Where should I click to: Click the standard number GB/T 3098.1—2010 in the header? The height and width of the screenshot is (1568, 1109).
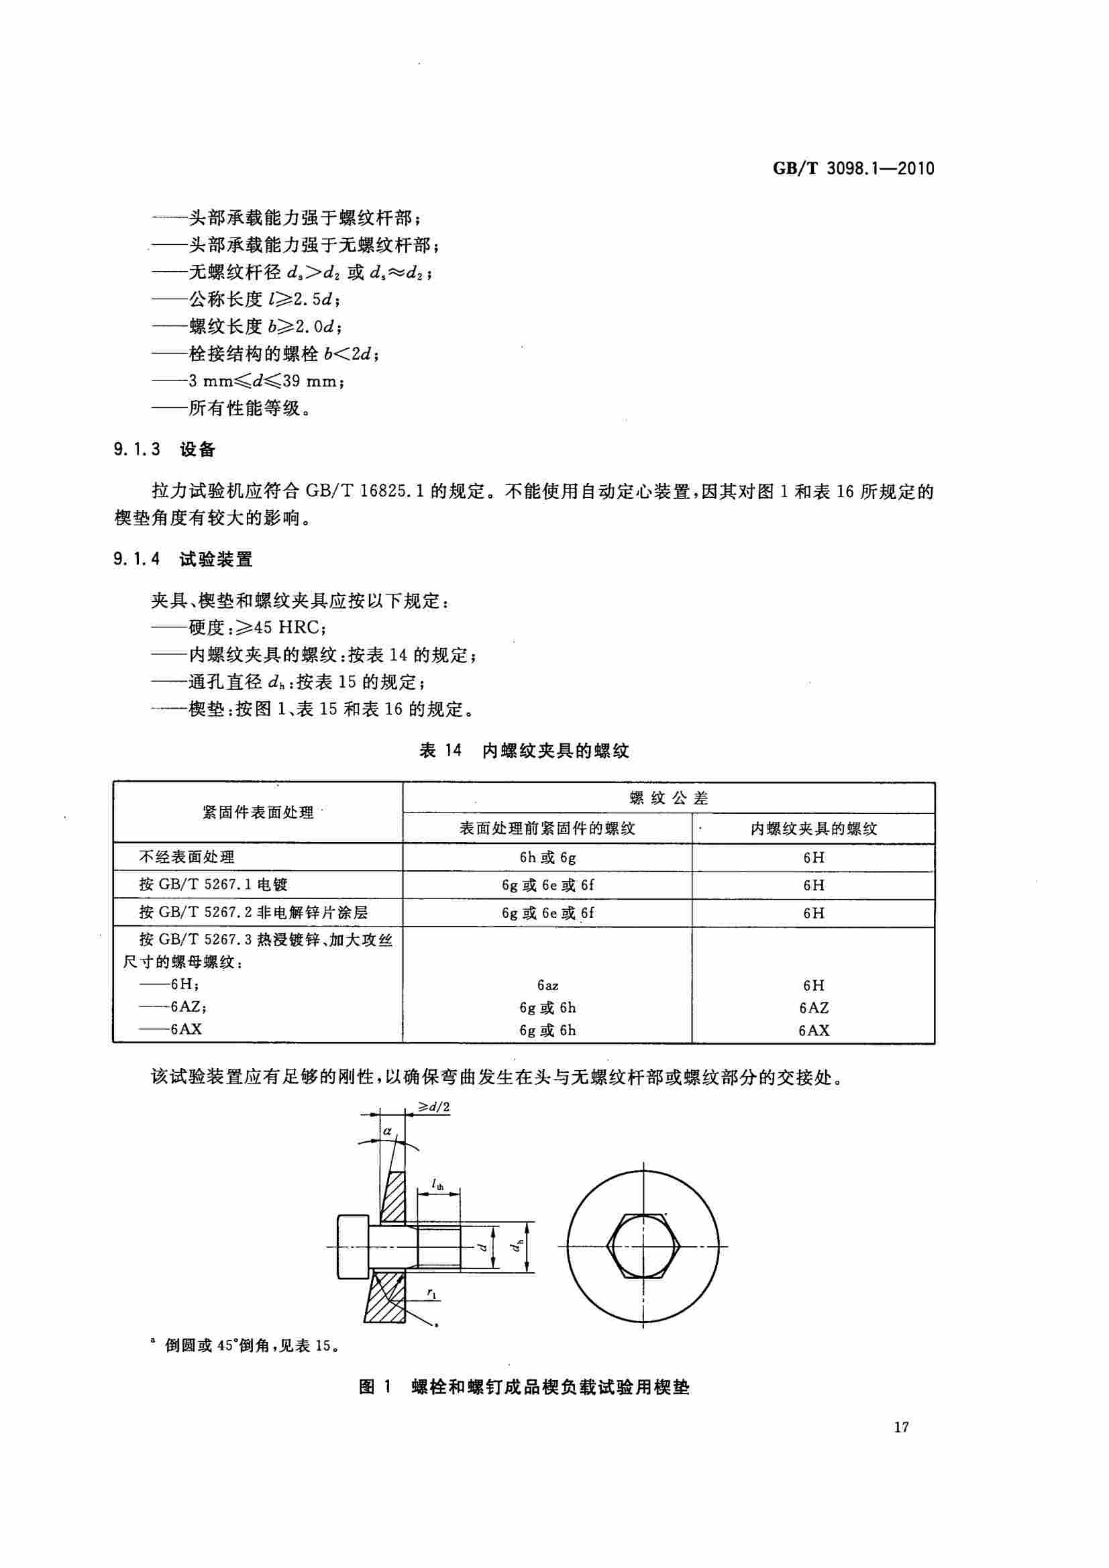click(853, 168)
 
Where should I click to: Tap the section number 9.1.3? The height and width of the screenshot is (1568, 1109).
click(137, 450)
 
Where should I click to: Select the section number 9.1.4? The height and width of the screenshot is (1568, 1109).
click(137, 560)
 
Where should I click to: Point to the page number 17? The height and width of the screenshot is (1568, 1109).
click(901, 1427)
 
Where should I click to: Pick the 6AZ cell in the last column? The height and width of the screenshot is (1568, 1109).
click(813, 1007)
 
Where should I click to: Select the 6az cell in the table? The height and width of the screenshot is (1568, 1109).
click(547, 986)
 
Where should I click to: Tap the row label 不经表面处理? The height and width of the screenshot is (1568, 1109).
click(187, 857)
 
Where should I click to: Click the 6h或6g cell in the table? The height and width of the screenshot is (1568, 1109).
click(547, 857)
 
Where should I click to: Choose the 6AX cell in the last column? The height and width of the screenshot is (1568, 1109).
click(813, 1030)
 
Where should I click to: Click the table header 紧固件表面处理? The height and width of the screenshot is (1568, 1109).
click(258, 813)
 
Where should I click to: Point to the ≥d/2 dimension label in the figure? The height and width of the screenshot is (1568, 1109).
click(434, 1107)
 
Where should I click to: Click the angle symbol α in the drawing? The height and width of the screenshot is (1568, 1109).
click(387, 1131)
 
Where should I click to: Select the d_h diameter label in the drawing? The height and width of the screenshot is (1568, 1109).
click(519, 1247)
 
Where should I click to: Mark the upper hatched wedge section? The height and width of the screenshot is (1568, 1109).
click(392, 1198)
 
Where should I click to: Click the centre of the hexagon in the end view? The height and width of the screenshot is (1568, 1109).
click(643, 1247)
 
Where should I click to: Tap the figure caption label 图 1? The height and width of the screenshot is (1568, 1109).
click(375, 1387)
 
